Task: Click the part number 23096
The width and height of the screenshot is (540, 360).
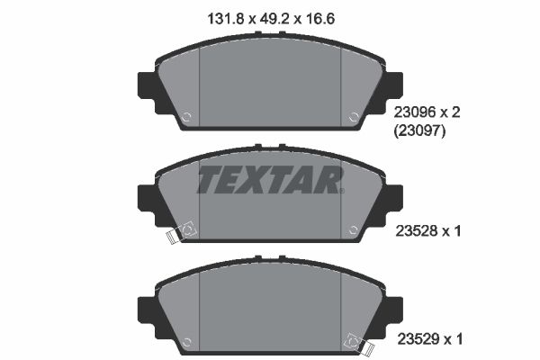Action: pyautogui.click(x=415, y=112)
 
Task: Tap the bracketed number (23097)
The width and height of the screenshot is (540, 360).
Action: pyautogui.click(x=419, y=130)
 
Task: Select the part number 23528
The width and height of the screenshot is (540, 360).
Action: pyautogui.click(x=417, y=231)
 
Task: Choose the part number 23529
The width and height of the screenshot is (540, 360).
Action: pyautogui.click(x=418, y=339)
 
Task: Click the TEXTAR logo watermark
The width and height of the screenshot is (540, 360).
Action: pyautogui.click(x=270, y=180)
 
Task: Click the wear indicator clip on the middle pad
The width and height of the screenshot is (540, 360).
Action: pyautogui.click(x=181, y=232)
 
